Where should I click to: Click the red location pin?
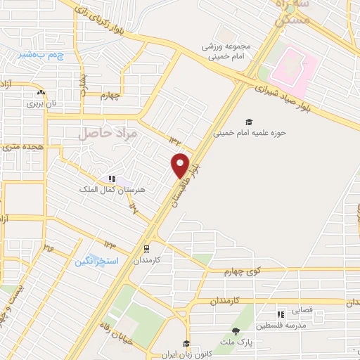[180, 165]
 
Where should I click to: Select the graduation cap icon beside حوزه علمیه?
[247, 120]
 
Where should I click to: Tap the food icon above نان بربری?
[41, 92]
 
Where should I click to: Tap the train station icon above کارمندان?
[146, 248]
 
